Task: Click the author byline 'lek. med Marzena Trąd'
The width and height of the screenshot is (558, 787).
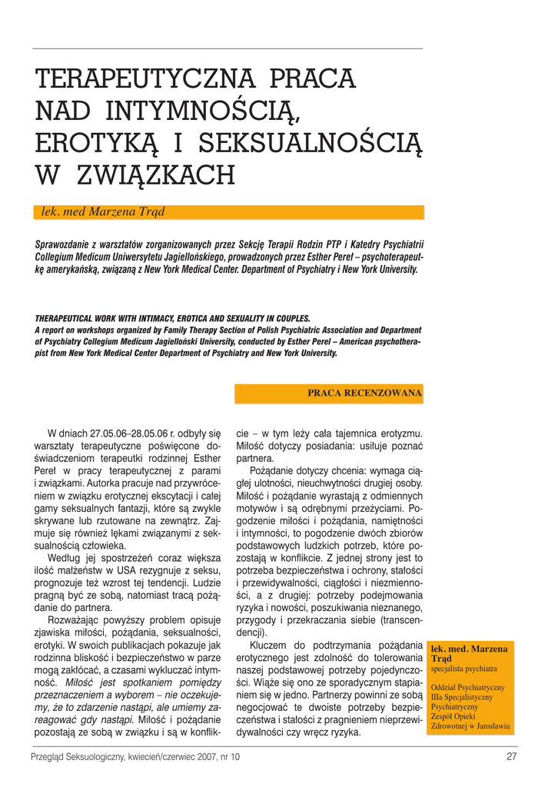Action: click(x=103, y=212)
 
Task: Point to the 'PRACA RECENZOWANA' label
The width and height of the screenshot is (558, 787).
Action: click(x=364, y=393)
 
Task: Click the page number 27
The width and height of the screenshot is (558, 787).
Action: click(x=511, y=756)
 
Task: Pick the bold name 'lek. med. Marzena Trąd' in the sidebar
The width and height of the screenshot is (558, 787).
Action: click(x=469, y=654)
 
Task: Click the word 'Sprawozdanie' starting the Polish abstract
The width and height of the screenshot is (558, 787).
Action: click(x=61, y=245)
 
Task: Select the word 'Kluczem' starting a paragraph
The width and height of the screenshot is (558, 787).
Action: click(x=271, y=645)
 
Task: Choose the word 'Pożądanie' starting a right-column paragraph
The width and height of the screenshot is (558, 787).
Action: click(x=275, y=471)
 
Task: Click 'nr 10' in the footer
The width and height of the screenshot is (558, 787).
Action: click(x=228, y=756)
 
